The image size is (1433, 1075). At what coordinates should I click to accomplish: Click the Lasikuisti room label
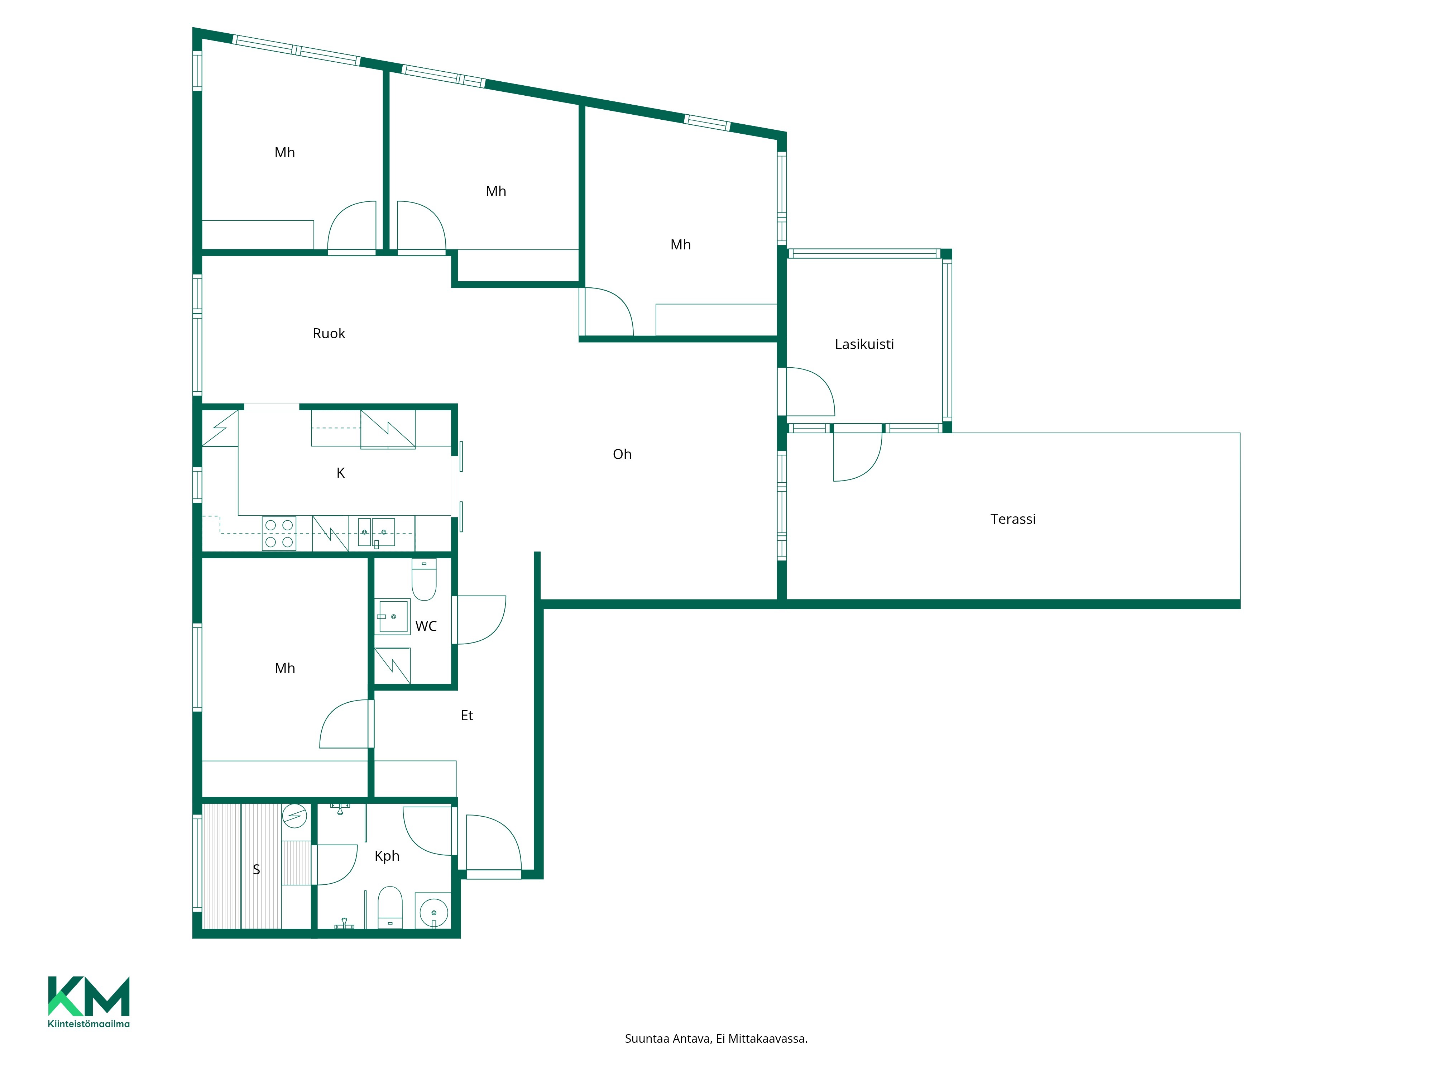click(x=864, y=344)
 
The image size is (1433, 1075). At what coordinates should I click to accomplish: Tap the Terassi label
click(x=1012, y=519)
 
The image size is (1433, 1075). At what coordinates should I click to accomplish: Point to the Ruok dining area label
click(x=329, y=334)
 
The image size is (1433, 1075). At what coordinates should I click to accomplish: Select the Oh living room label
click(x=622, y=454)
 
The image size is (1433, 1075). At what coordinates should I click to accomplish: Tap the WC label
click(x=426, y=626)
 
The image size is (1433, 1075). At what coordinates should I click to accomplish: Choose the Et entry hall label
click(x=466, y=715)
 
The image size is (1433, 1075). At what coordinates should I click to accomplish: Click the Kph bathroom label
click(x=387, y=856)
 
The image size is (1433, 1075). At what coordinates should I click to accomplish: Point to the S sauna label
click(x=257, y=870)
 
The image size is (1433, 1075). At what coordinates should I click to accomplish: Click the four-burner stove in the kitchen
click(x=279, y=533)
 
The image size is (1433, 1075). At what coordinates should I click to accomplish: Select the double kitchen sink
click(x=377, y=532)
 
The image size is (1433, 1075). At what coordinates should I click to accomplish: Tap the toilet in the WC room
click(x=424, y=579)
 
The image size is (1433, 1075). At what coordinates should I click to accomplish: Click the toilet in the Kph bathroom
click(x=390, y=907)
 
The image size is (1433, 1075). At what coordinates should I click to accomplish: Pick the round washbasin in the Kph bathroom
click(x=433, y=913)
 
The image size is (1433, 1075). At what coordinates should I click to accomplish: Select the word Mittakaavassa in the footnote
click(x=768, y=1039)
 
